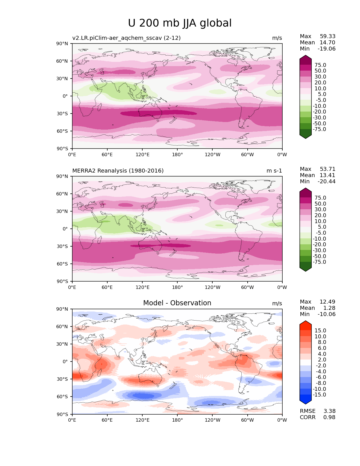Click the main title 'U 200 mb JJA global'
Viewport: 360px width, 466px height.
click(180, 23)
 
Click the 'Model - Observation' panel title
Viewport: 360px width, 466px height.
click(177, 303)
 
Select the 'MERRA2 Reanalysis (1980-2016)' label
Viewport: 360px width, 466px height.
click(118, 171)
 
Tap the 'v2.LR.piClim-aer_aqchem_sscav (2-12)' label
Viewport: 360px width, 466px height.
click(126, 38)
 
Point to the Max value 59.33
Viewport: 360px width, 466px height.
click(328, 36)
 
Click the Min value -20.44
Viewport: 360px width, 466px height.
click(326, 181)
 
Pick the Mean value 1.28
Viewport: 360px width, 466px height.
click(330, 308)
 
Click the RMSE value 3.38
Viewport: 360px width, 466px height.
click(329, 411)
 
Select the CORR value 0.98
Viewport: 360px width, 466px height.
click(329, 417)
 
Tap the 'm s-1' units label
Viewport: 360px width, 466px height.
click(274, 171)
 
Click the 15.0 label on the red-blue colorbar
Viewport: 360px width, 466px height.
click(320, 330)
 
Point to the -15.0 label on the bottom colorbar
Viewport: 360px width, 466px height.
click(319, 395)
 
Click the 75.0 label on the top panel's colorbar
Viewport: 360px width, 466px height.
click(320, 65)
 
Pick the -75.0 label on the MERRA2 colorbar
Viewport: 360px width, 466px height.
click(319, 262)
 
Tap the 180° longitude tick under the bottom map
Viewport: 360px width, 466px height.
click(177, 420)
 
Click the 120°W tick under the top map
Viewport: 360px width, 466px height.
click(212, 154)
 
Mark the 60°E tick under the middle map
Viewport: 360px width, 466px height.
click(107, 287)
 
